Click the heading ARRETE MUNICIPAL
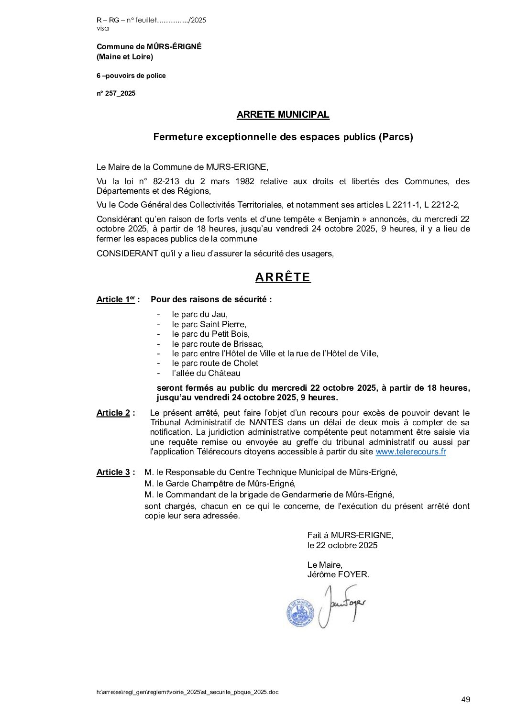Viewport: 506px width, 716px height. (283, 115)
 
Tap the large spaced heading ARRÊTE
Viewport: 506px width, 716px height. (283, 277)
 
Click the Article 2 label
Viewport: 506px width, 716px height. (115, 413)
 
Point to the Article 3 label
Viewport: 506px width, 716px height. (115, 473)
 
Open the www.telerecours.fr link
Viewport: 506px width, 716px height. (410, 452)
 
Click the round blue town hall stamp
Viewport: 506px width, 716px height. (299, 612)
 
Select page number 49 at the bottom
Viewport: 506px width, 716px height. (465, 700)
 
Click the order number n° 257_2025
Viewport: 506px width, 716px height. (116, 94)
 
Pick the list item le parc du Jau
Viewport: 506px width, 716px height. (199, 315)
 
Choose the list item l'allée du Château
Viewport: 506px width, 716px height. (206, 373)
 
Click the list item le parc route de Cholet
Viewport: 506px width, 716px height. (215, 364)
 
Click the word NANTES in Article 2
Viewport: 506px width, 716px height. (266, 423)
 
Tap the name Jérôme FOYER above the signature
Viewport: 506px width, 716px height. (338, 574)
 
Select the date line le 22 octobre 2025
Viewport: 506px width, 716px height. (342, 545)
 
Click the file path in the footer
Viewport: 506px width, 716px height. (187, 692)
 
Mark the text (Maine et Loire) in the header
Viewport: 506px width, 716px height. (124, 57)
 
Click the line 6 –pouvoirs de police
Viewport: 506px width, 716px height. (131, 76)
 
